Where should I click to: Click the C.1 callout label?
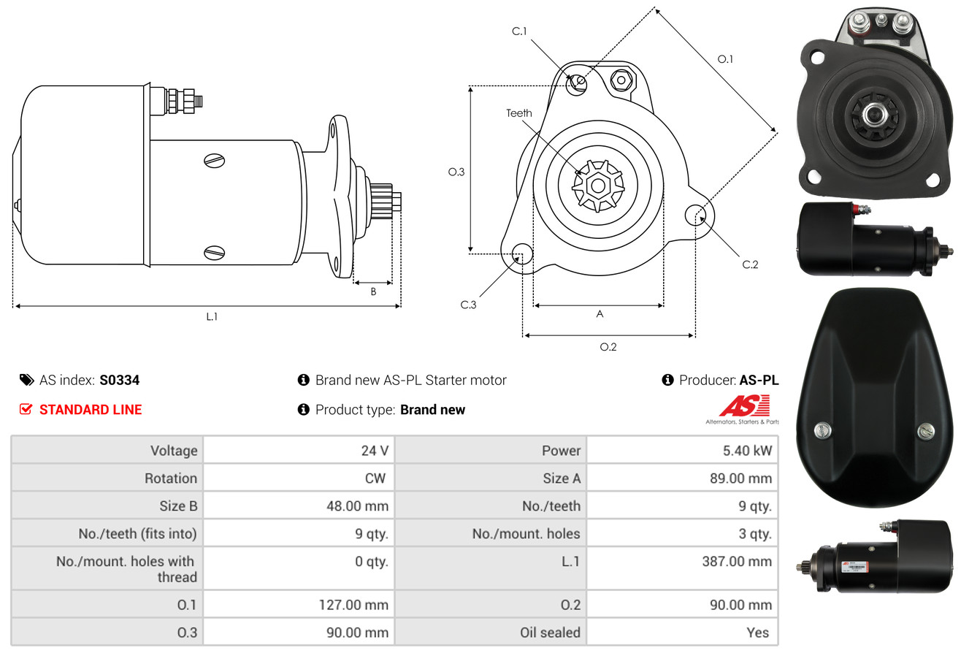(519, 31)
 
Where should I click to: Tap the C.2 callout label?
(750, 264)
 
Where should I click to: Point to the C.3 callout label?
(468, 305)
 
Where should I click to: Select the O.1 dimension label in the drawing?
(725, 59)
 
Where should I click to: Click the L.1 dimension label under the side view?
(212, 316)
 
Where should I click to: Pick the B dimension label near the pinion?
(373, 291)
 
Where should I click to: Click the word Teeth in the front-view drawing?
(518, 113)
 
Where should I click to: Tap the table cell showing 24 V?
(375, 451)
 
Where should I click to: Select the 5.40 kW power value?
(747, 451)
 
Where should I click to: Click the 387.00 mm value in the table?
(737, 561)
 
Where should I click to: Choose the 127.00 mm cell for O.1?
(353, 605)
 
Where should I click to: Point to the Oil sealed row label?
(550, 633)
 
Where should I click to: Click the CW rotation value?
(375, 478)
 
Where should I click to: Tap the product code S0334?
(119, 380)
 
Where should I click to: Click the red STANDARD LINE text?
(91, 410)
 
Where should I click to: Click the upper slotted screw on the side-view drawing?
(214, 161)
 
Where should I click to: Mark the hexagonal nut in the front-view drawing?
(621, 80)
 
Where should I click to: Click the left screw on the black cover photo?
(822, 430)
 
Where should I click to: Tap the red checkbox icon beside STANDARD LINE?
(26, 409)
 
